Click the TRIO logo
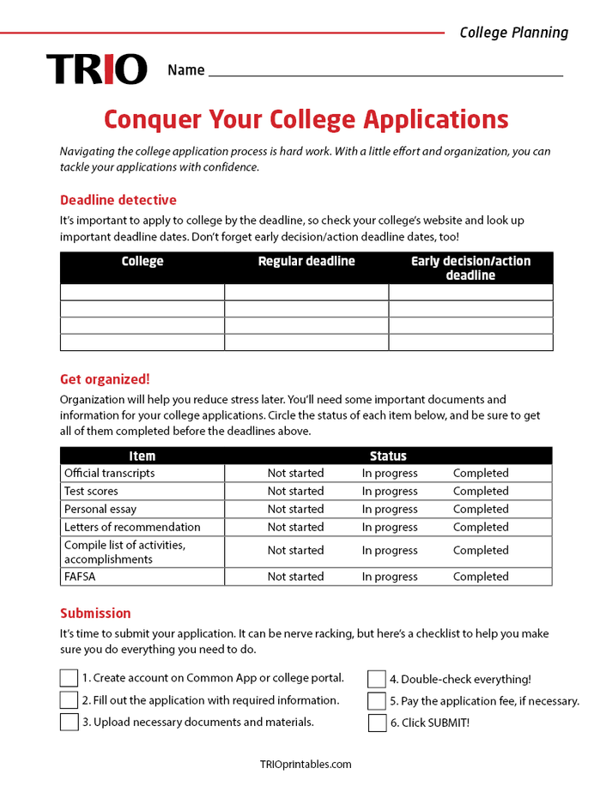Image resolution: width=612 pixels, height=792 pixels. [x=97, y=70]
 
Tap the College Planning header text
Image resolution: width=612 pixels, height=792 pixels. [x=513, y=33]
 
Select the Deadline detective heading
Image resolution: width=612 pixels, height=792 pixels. [x=118, y=200]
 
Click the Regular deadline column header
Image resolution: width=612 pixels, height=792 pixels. [x=306, y=262]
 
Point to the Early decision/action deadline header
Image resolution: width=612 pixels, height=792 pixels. [x=470, y=268]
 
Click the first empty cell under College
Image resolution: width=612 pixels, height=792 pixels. [x=142, y=293]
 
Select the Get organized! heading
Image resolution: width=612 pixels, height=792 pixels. [x=105, y=379]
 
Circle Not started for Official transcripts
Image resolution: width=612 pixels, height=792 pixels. [x=295, y=473]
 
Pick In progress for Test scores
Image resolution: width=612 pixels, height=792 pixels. [x=390, y=491]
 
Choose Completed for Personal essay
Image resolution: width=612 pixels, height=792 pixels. [x=481, y=509]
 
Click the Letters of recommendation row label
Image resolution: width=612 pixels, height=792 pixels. [x=132, y=527]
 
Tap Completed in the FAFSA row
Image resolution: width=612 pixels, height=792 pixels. [x=481, y=577]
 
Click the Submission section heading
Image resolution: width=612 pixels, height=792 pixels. [x=95, y=614]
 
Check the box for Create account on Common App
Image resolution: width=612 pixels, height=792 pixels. [x=69, y=679]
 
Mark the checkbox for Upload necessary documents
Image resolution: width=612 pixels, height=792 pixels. [x=69, y=722]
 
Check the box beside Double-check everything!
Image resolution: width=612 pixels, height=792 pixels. [x=377, y=680]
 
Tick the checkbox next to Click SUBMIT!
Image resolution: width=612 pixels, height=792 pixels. [x=377, y=722]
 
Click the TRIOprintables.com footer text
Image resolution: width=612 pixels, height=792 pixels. [x=306, y=765]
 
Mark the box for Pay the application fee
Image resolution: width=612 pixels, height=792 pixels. [x=377, y=701]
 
